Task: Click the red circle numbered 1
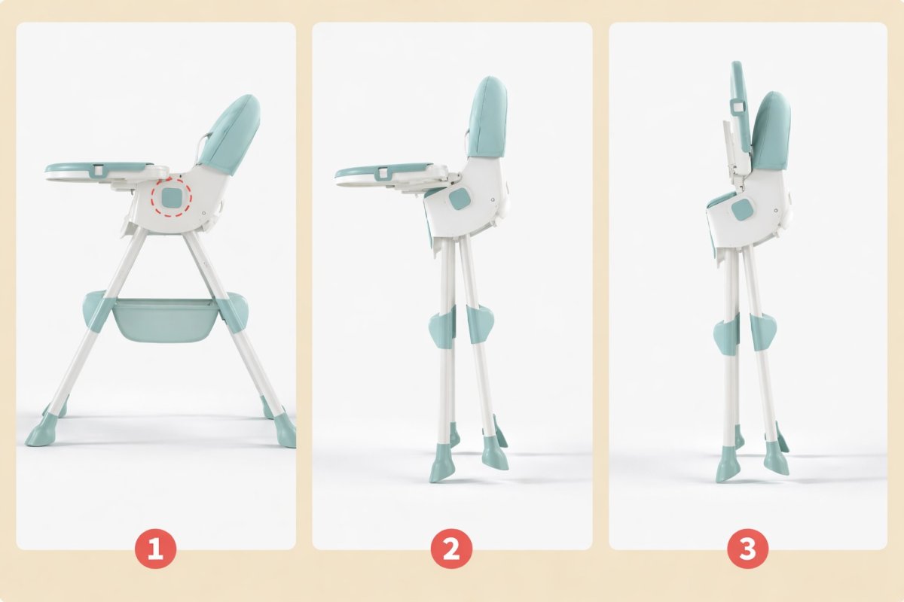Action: click(x=155, y=549)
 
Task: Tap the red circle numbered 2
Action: click(x=451, y=549)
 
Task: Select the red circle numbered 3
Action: click(x=747, y=549)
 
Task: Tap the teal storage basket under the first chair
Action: click(x=164, y=320)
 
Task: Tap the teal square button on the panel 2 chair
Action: click(x=460, y=199)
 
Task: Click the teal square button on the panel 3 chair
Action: click(x=741, y=211)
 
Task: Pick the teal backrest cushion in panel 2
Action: click(x=487, y=117)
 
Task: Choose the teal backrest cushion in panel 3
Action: click(x=770, y=131)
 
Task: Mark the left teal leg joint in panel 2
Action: click(x=443, y=325)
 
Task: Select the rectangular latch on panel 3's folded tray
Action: click(x=738, y=107)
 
